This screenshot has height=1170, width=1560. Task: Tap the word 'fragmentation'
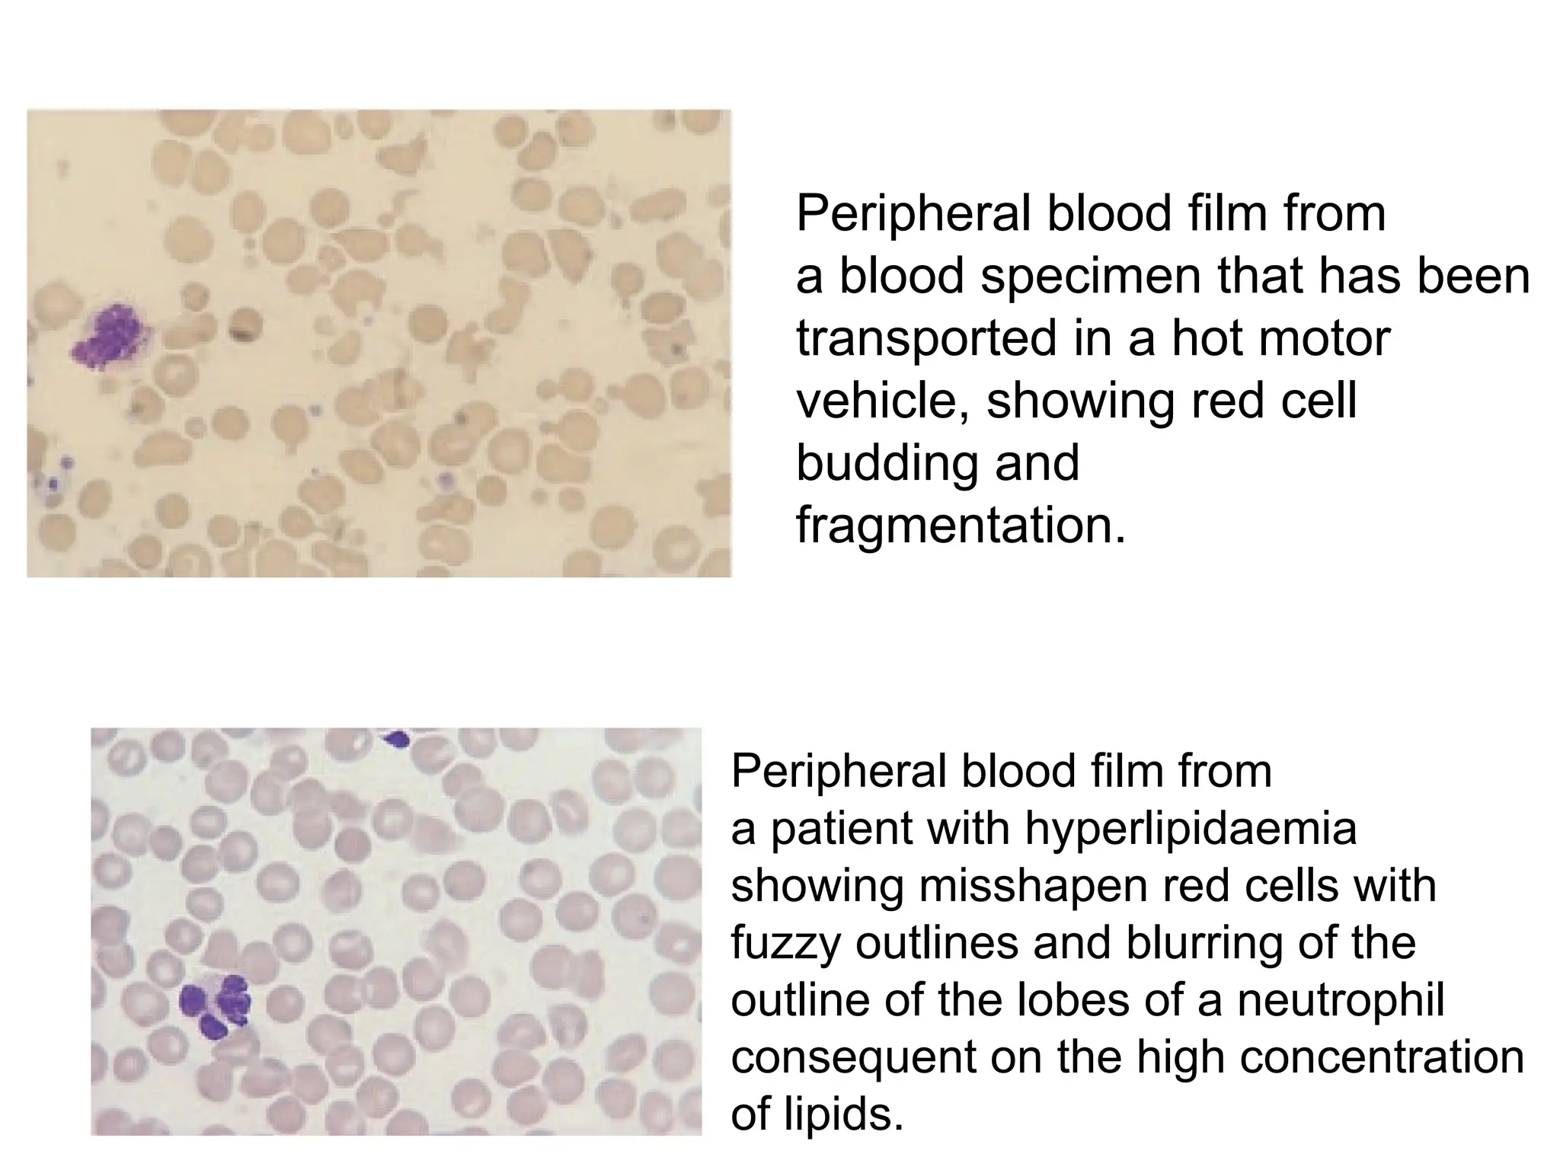tap(960, 525)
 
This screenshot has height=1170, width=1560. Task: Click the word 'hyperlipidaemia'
tap(1191, 828)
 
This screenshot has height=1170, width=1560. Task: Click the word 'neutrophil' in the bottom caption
tap(1341, 999)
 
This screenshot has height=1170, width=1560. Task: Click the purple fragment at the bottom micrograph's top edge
tap(397, 738)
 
